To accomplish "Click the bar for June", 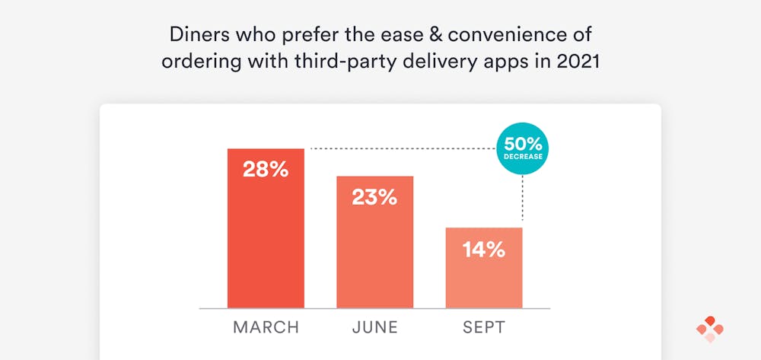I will pyautogui.click(x=374, y=251).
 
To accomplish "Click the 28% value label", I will pyautogui.click(x=266, y=169).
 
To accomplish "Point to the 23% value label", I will pyautogui.click(x=374, y=197).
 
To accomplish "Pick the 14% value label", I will pyautogui.click(x=484, y=249).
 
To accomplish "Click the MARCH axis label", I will pyautogui.click(x=266, y=328).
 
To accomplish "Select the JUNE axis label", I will pyautogui.click(x=374, y=328).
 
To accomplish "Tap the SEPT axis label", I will pyautogui.click(x=484, y=328).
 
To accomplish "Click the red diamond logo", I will pyautogui.click(x=709, y=329).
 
